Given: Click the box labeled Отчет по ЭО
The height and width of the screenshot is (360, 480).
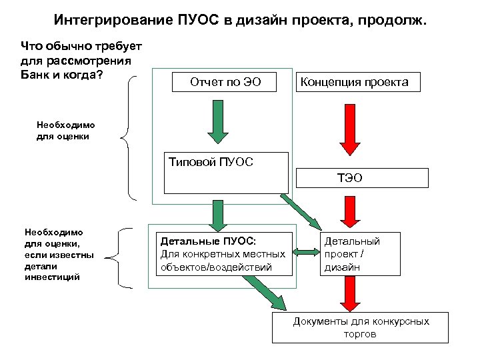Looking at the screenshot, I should pos(225,82).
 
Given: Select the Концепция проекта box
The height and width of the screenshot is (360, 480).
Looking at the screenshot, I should pos(355,82).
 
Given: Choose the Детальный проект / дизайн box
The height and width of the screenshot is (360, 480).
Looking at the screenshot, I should pos(361,253).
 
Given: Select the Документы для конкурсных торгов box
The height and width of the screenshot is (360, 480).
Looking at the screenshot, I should pos(361,327).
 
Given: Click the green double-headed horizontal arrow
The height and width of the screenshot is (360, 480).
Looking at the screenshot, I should pos(307,252).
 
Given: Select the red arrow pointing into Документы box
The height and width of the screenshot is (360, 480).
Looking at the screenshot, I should pos(348,293).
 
